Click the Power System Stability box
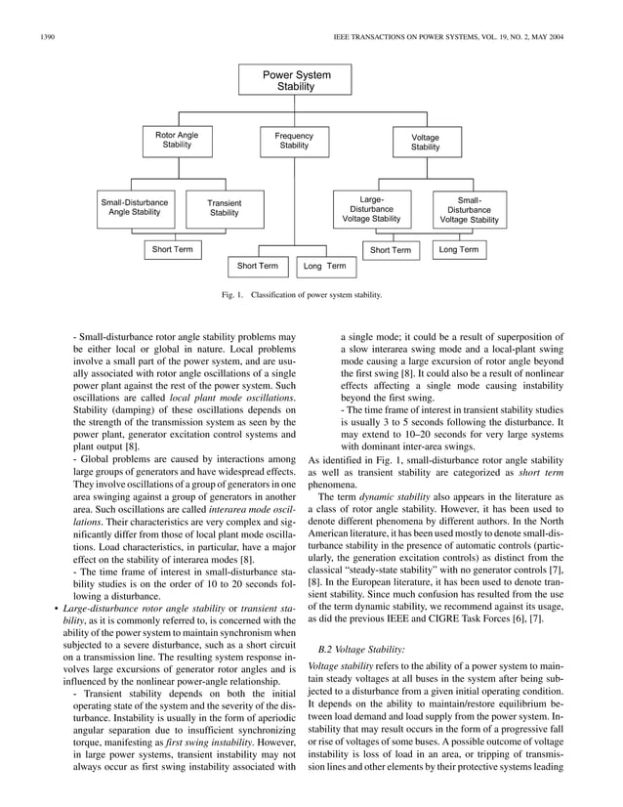click(x=296, y=80)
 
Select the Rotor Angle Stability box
click(x=177, y=140)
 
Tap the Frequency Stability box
click(x=294, y=141)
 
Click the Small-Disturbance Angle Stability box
click(x=135, y=207)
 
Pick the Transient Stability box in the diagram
click(x=225, y=208)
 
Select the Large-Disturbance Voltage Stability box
click(x=371, y=209)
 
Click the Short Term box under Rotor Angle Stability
click(x=172, y=250)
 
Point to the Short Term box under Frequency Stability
click(x=255, y=266)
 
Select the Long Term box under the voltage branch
click(x=459, y=250)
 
